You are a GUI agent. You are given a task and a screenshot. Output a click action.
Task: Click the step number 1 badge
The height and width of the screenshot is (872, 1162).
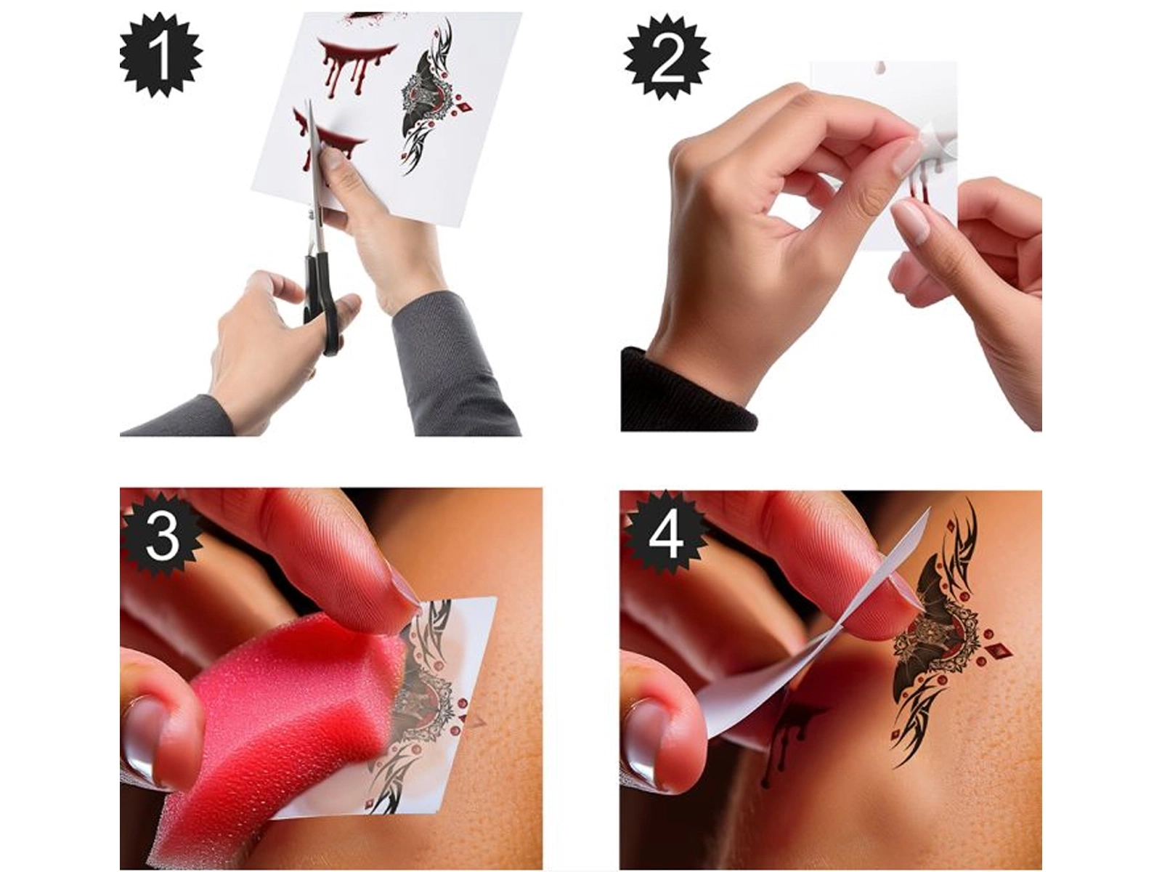161,56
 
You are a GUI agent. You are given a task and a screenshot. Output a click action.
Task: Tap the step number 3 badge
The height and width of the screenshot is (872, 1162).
161,535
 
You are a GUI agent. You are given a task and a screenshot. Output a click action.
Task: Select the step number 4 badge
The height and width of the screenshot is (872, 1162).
665,535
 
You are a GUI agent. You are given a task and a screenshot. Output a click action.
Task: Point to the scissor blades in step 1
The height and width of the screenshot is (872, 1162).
315,174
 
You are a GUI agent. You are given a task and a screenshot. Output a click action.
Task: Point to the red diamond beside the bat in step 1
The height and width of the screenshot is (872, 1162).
465,108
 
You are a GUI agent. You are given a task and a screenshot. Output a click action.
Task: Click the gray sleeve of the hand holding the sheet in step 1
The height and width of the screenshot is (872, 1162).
452,366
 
